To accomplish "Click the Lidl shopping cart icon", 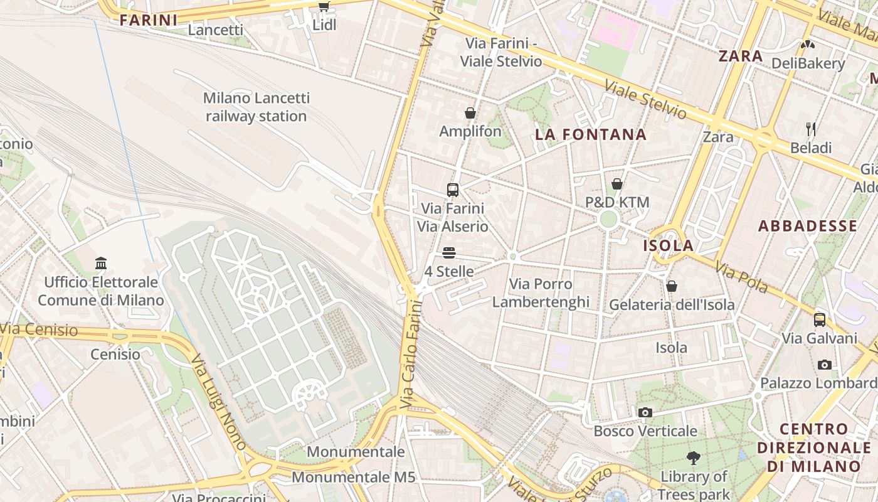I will point(324,7).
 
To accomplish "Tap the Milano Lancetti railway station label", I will point(256,107).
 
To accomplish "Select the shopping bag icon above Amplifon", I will point(470,113).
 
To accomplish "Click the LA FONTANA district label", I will point(590,134).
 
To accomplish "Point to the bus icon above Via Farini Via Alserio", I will point(453,190).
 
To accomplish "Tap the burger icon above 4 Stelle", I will point(449,253).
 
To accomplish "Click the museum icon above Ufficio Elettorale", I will point(101,263).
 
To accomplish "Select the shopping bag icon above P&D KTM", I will point(617,184).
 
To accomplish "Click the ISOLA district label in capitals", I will point(669,245).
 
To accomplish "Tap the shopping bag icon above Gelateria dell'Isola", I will point(672,286).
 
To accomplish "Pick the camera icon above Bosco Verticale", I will point(645,412).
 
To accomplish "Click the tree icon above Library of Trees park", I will point(693,458).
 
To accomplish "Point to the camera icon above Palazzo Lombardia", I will point(825,365).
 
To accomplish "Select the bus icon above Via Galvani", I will point(820,320).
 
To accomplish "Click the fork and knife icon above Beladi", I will point(811,129).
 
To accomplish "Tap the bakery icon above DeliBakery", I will point(808,45).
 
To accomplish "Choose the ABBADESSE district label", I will point(807,226).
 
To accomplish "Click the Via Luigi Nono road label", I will point(219,402).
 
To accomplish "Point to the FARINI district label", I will point(149,20).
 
